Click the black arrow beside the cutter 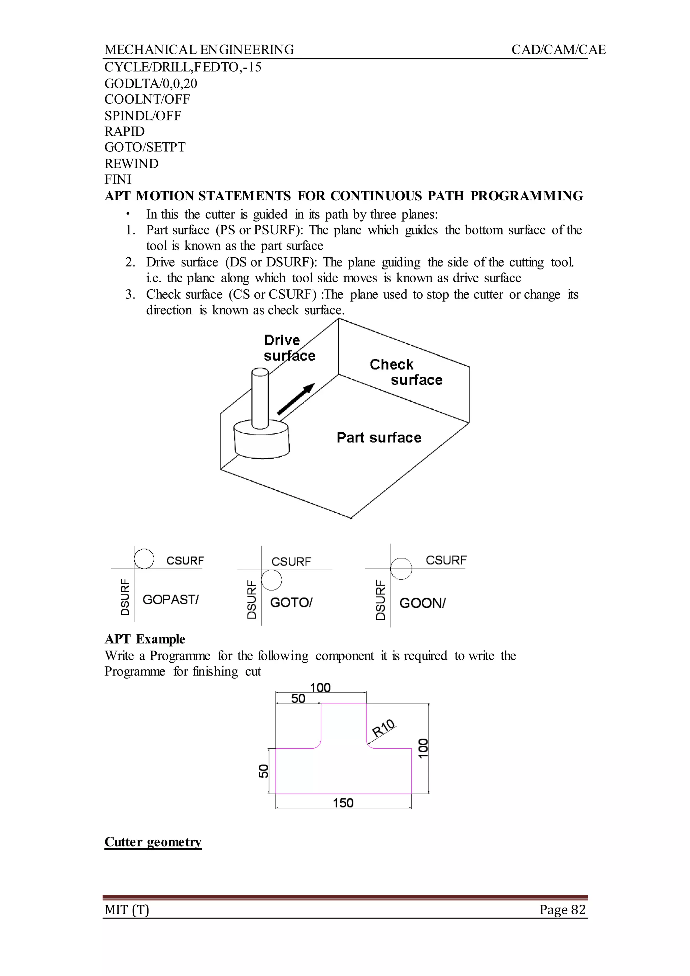pos(296,399)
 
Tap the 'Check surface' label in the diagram pos(406,372)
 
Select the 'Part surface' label pos(379,438)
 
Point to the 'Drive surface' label pos(289,348)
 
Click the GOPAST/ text pos(170,600)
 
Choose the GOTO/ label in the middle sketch pos(291,603)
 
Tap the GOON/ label pos(422,603)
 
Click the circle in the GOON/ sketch pos(401,569)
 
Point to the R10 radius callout pos(384,728)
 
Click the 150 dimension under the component pos(343,803)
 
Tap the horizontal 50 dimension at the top pos(298,699)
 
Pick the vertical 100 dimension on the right pos(423,748)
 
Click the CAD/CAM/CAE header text pos(558,50)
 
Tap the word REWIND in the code pos(132,164)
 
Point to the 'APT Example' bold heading pos(145,639)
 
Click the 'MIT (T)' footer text pos(127,910)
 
